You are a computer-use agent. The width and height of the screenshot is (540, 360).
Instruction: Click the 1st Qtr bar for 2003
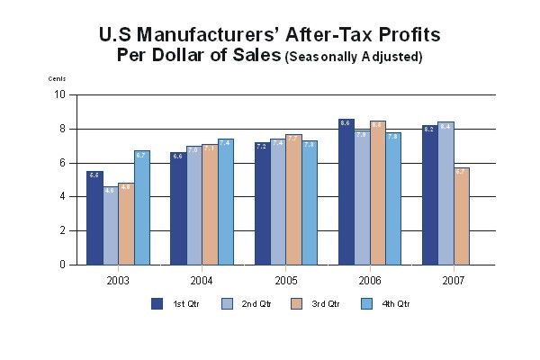pos(94,218)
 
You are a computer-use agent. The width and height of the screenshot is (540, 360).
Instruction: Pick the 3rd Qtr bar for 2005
pos(294,200)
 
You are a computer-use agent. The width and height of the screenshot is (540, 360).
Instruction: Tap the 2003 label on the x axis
pos(118,280)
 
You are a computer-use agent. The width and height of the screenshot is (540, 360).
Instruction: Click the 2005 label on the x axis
pos(286,280)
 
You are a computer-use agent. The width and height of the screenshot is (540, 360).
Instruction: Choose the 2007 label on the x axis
pos(454,280)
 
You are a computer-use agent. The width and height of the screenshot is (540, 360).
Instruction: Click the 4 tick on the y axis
pos(62,196)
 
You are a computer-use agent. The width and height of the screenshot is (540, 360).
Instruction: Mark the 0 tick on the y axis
pos(62,265)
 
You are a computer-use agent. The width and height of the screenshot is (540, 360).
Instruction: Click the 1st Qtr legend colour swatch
pos(157,303)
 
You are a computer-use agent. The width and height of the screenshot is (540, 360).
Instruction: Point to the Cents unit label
pos(57,79)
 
